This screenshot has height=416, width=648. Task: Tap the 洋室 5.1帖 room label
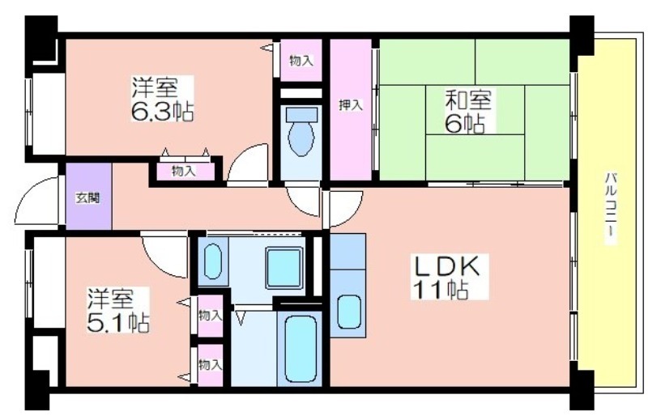coord(117,310)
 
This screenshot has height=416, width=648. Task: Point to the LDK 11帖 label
coord(450,277)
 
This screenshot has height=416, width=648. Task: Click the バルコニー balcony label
coord(611,209)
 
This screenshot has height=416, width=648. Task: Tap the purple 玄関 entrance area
coord(89,197)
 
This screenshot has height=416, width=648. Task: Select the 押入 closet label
coord(351,105)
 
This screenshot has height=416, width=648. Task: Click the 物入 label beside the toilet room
coord(301,62)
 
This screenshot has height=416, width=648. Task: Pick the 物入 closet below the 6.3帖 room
coord(184,171)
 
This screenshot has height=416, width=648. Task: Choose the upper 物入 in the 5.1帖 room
coord(211,316)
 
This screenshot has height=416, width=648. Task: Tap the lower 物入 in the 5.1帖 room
coord(211,365)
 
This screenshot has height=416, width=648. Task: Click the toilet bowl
coord(301,138)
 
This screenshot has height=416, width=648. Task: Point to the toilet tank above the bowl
coord(301,113)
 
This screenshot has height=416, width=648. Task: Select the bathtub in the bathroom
coord(301,349)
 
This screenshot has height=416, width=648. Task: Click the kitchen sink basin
coord(349,312)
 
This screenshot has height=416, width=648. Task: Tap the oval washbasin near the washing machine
coord(213,261)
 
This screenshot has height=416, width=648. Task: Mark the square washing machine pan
coord(284,268)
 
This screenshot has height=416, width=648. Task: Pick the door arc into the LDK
coord(346,210)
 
